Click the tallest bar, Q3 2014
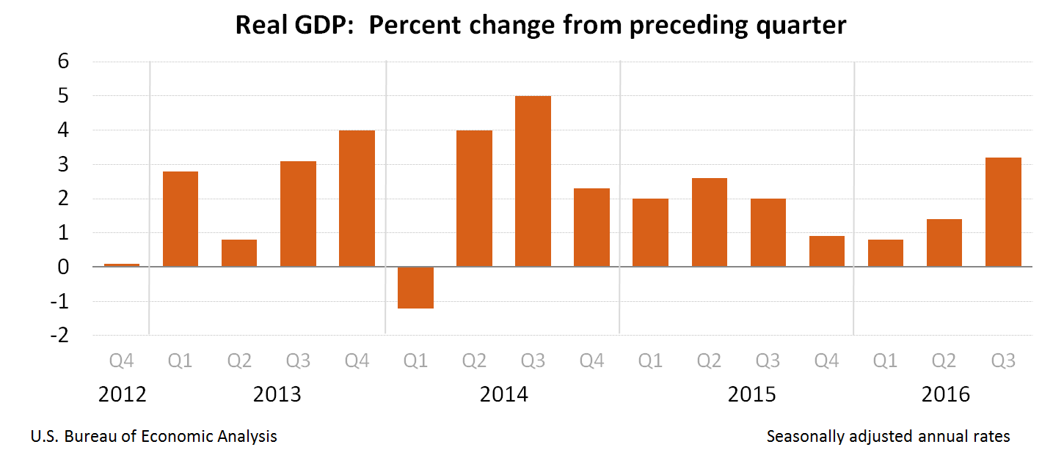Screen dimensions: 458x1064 tap(533, 181)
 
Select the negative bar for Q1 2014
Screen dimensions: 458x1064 tap(415, 287)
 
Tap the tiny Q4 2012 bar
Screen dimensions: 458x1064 tap(122, 265)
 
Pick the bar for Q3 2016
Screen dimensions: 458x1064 tap(1003, 212)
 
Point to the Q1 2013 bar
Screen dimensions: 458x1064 tap(181, 218)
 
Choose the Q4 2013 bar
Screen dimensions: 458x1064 tap(357, 198)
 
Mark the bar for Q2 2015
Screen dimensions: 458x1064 tap(709, 222)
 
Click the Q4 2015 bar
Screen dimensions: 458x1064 tap(827, 251)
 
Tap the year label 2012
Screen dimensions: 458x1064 tap(123, 394)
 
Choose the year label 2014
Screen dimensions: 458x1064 tap(504, 394)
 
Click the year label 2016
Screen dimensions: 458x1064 tap(946, 394)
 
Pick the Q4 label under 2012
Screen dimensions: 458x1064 tap(122, 361)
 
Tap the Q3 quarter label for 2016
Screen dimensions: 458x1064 tap(1003, 361)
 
